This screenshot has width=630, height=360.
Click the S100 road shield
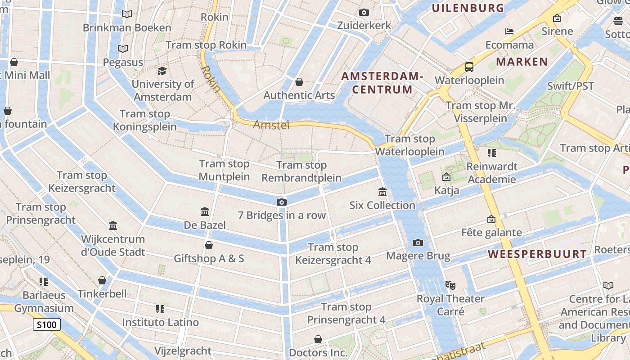47,324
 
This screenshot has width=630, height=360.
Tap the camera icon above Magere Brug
418,243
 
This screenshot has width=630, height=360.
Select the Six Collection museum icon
382,192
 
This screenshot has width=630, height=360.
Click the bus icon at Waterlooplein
469,67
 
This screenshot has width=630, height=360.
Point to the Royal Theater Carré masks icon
450,285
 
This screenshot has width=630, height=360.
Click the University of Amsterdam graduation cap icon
162,71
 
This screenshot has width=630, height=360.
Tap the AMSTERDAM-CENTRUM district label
382,83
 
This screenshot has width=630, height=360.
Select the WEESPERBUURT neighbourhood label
538,254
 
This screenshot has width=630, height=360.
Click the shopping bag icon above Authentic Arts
299,82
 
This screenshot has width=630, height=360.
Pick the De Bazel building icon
205,211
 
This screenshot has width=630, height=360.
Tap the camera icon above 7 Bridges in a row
282,202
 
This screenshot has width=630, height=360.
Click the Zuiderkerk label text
364,26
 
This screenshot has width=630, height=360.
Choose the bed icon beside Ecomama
509,31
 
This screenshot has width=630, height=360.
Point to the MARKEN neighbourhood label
522,62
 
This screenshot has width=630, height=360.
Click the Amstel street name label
271,125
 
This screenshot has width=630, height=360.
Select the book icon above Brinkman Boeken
127,14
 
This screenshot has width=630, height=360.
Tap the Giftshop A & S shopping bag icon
209,245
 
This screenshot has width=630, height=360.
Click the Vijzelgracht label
183,351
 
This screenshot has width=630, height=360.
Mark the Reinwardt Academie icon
491,153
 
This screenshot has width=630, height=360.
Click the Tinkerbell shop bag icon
102,280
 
